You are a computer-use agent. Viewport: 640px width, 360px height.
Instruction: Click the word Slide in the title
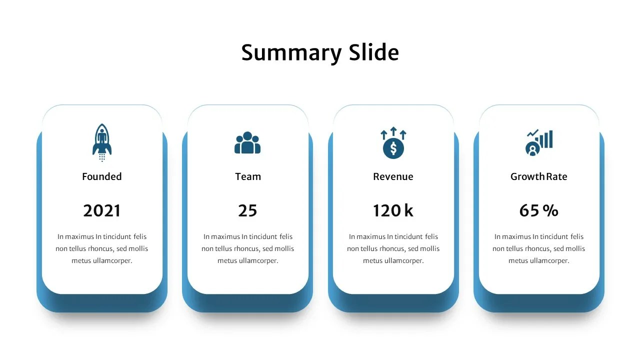click(373, 52)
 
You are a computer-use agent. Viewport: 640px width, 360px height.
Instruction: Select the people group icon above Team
click(247, 143)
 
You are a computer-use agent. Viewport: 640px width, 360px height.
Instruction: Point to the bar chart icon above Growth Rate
click(539, 142)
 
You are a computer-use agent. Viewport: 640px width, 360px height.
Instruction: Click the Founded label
click(102, 176)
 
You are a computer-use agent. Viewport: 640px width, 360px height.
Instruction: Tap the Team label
click(248, 176)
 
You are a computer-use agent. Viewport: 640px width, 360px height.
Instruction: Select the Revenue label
click(393, 176)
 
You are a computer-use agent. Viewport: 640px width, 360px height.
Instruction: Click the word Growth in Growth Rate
click(527, 176)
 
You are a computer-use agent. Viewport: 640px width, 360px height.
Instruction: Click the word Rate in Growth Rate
click(556, 176)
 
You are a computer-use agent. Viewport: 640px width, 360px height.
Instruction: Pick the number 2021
click(102, 211)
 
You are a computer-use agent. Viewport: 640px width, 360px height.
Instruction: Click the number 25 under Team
click(247, 211)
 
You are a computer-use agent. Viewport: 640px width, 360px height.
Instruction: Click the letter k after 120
click(409, 211)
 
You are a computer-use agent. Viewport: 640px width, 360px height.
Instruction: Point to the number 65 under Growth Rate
click(529, 211)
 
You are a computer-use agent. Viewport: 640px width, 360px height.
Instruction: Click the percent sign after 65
click(550, 211)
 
